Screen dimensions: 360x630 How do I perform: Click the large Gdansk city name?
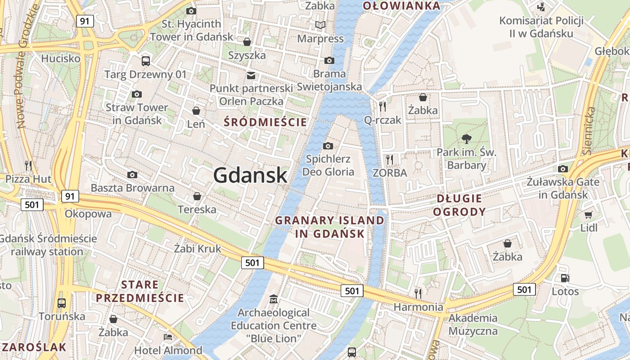250,175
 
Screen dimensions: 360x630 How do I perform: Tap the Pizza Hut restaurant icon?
29,165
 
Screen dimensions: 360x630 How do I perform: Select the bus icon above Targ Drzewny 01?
145,61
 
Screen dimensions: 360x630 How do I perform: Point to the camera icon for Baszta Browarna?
132,175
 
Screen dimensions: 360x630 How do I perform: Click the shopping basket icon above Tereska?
197,196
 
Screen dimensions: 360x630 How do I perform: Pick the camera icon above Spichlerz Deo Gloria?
328,146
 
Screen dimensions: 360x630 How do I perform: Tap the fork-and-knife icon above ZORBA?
390,159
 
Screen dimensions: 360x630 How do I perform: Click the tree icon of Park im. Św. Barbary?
467,139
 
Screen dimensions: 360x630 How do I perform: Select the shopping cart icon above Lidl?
589,215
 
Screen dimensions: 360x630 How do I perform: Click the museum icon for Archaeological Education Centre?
273,299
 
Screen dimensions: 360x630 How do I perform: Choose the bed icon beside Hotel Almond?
168,337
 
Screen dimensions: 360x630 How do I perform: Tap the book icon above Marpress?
320,25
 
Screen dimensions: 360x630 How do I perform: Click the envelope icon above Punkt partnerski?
251,75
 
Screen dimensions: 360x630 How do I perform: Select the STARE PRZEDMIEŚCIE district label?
140,291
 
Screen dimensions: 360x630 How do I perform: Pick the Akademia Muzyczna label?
473,324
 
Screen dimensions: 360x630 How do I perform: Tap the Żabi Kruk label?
198,248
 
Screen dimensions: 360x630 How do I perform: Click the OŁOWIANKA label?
401,6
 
